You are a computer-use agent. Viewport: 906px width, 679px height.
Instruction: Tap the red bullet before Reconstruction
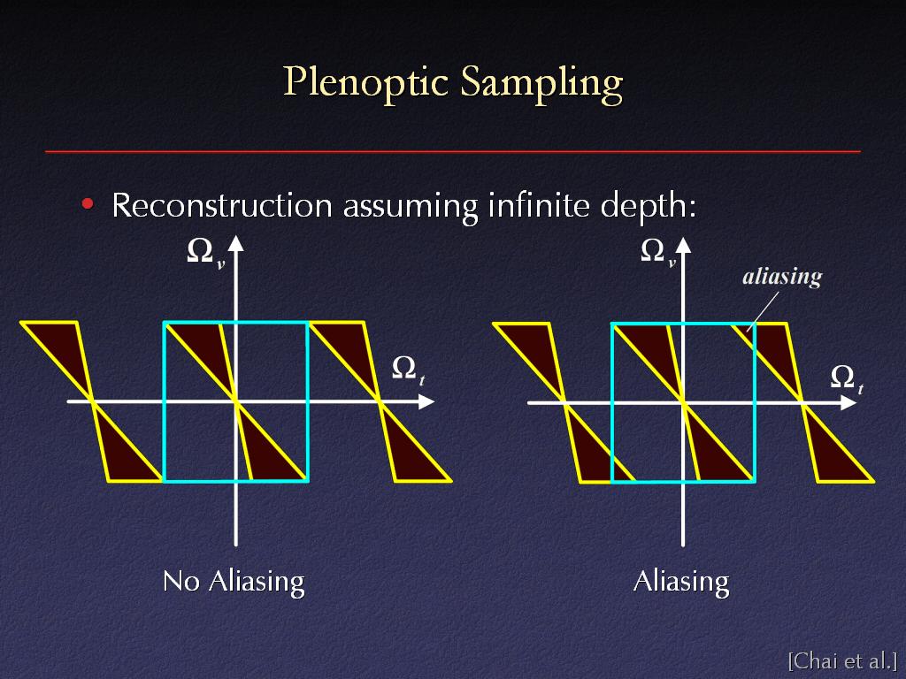pyautogui.click(x=88, y=203)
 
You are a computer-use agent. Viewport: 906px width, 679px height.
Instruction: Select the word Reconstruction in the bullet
pyautogui.click(x=222, y=205)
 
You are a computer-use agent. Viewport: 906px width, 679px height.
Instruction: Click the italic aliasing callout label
pyautogui.click(x=782, y=277)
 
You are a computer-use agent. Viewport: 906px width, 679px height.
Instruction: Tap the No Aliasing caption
pyautogui.click(x=234, y=582)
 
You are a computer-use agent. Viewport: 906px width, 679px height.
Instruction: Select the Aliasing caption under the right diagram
pyautogui.click(x=681, y=582)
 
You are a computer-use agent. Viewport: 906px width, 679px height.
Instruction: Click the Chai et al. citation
pyautogui.click(x=842, y=660)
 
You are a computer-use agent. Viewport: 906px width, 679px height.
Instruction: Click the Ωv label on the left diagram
pyautogui.click(x=205, y=253)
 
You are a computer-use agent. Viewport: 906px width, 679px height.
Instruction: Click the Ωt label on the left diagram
pyautogui.click(x=408, y=370)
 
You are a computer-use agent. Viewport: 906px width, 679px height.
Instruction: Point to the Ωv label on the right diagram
pyautogui.click(x=658, y=253)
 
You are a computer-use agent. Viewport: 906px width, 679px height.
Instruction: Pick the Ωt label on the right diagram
pyautogui.click(x=847, y=378)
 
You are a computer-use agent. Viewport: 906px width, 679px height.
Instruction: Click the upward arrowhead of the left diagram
pyautogui.click(x=235, y=244)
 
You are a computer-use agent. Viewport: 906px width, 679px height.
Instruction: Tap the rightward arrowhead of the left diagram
pyautogui.click(x=426, y=401)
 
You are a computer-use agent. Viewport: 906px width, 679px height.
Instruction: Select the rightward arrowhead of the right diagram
pyautogui.click(x=848, y=402)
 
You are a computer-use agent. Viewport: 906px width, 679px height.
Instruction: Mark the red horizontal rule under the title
pyautogui.click(x=453, y=152)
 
